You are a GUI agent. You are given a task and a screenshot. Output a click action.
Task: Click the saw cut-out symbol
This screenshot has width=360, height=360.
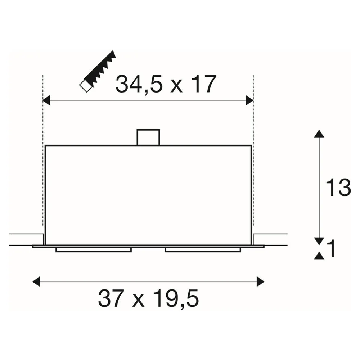point(98,71)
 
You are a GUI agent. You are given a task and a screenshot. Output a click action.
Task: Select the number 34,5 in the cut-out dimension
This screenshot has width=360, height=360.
point(139,84)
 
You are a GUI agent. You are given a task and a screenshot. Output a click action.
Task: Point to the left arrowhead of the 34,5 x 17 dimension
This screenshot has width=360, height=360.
point(46,100)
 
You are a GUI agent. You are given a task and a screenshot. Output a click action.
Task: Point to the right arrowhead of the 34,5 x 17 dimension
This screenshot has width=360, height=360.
point(249,100)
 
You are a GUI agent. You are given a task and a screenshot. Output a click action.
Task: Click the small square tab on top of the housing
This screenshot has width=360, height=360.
point(148,137)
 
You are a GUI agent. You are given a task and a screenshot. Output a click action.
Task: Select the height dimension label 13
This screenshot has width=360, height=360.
point(338,188)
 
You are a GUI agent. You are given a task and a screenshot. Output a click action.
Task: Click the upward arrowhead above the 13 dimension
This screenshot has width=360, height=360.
point(319,134)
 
